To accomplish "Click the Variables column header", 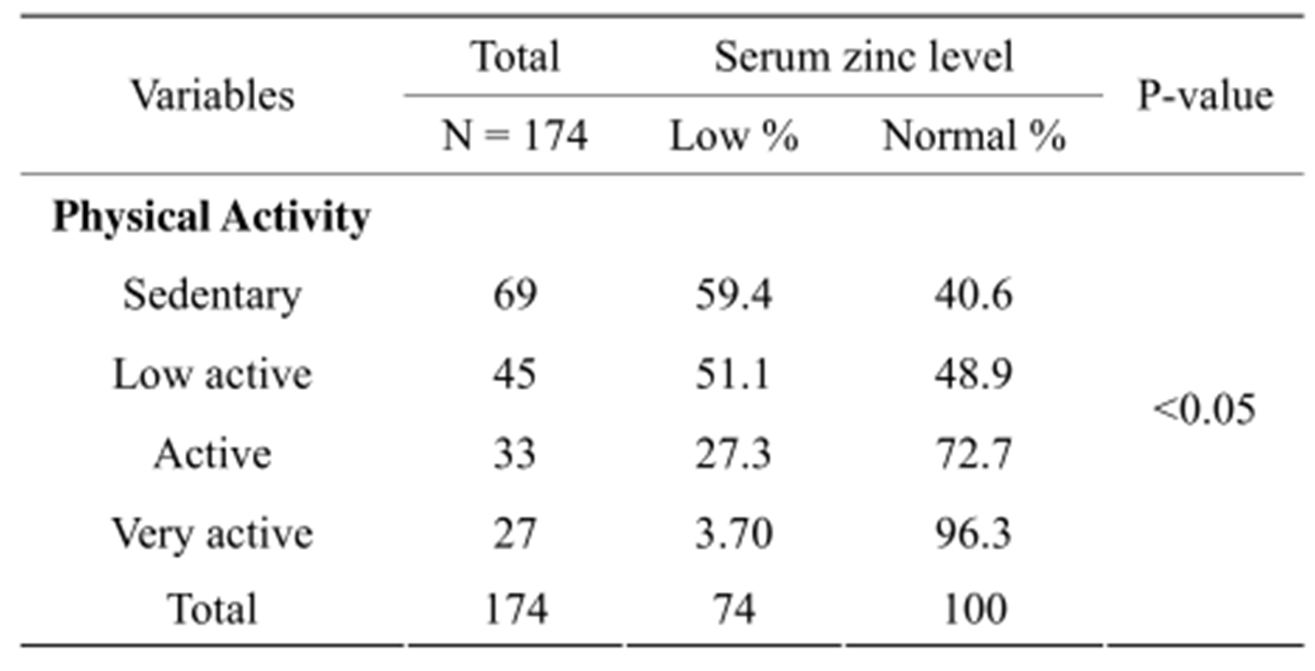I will point(213,96).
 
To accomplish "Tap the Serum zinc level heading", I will point(863,57).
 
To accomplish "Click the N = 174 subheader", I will point(515,136).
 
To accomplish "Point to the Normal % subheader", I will point(974,136).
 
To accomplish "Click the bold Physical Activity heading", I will point(211,217).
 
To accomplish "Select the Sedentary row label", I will point(212,295).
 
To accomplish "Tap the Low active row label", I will point(212,375).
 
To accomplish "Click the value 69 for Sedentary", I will point(515,295).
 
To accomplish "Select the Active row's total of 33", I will point(515,454).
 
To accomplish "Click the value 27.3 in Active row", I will point(733,454).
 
